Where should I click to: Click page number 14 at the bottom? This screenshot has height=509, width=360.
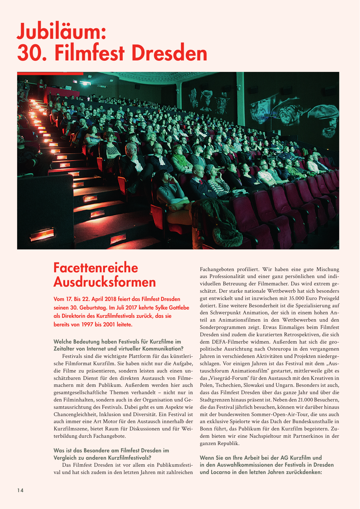click(x=20, y=490)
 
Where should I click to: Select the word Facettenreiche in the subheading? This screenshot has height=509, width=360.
click(x=96, y=268)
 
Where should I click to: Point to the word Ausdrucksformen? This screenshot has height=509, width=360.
click(x=105, y=282)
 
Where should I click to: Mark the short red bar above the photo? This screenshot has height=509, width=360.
click(x=50, y=73)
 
